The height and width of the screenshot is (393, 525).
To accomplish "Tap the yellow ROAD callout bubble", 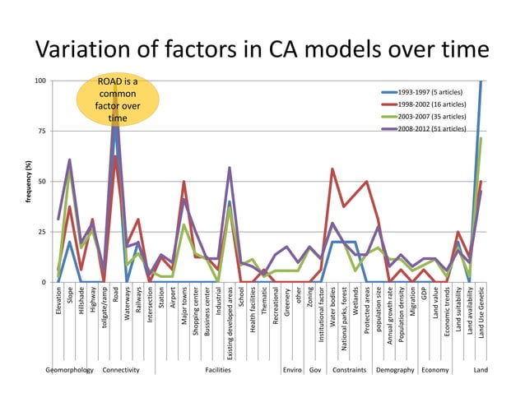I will click(x=117, y=100).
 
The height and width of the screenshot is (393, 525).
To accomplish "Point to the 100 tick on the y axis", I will click(x=40, y=81).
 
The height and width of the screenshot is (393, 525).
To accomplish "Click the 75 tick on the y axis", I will click(x=42, y=132).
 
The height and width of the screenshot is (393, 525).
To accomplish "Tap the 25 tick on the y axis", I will click(x=42, y=232).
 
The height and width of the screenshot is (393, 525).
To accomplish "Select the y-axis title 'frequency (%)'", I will click(x=27, y=182).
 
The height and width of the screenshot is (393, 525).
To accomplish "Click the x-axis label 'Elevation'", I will click(x=58, y=301).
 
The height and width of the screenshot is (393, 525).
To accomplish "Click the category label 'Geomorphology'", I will click(x=70, y=370).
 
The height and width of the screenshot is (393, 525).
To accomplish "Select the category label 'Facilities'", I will click(x=218, y=370).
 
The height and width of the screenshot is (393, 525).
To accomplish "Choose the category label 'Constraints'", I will click(x=349, y=370).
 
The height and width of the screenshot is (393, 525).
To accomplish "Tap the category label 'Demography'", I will click(x=395, y=370).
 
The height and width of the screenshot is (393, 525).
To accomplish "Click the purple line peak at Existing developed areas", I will click(x=229, y=168).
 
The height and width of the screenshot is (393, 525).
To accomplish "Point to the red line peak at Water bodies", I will click(x=332, y=169).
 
